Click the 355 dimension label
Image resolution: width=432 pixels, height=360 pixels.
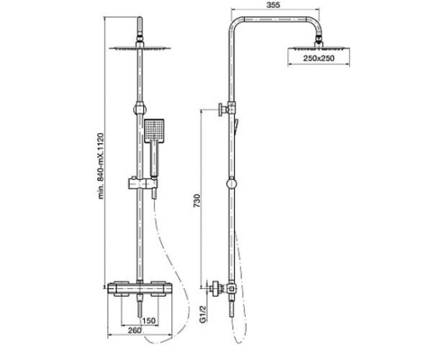(273, 5)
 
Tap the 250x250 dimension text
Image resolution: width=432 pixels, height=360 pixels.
(319, 59)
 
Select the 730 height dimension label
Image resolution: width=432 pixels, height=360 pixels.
(196, 201)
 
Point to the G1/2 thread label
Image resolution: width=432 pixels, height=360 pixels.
(203, 314)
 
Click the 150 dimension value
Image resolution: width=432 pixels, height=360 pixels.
(149, 321)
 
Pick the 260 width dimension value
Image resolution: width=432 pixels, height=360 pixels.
(134, 330)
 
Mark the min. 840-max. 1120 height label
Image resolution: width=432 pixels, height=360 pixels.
(101, 166)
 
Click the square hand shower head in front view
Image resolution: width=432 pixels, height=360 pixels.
(154, 131)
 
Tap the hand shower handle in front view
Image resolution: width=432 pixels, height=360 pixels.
(154, 160)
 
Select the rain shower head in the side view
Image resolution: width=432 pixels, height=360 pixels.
(319, 49)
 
